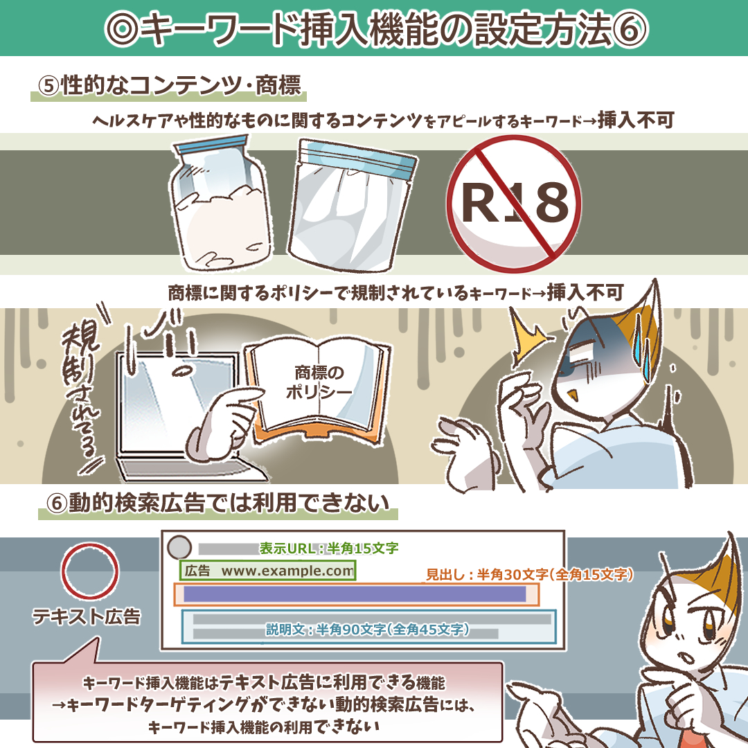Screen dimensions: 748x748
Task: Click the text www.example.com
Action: click(x=287, y=571)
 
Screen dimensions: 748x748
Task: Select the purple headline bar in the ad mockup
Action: click(x=355, y=594)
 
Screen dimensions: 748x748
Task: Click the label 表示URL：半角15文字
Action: click(x=329, y=548)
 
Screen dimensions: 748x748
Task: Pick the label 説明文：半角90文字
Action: click(x=367, y=630)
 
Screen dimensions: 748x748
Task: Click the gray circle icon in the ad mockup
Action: click(x=179, y=547)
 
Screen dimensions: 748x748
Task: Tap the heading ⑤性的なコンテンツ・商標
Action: click(x=170, y=86)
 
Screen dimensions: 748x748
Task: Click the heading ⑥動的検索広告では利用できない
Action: click(x=217, y=503)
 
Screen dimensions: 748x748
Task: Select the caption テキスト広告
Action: click(x=87, y=616)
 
